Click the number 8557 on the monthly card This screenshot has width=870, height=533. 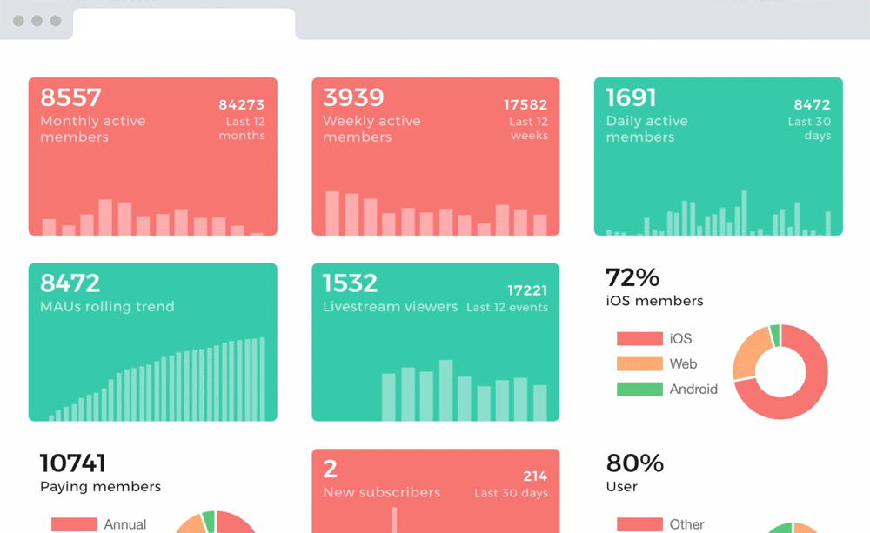71,97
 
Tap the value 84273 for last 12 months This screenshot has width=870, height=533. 241,105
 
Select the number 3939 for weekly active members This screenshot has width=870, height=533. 353,97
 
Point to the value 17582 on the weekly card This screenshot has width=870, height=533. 525,105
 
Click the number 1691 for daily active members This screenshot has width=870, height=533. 631,97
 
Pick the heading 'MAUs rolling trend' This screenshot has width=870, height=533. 107,307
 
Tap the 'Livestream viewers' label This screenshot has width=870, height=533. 390,307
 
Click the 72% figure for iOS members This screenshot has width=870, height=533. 632,277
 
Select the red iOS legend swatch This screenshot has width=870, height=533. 639,338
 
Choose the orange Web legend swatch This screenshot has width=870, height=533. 639,363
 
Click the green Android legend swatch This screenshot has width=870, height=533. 639,389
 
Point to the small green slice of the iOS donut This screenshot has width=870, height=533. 774,335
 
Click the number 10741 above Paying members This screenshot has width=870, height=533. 73,463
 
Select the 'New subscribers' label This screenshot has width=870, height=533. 381,493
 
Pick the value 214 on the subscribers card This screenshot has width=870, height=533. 535,476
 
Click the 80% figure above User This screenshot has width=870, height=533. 635,463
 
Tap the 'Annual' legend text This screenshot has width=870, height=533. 125,524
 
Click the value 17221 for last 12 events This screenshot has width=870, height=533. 527,291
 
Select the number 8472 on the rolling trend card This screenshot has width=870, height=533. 70,283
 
